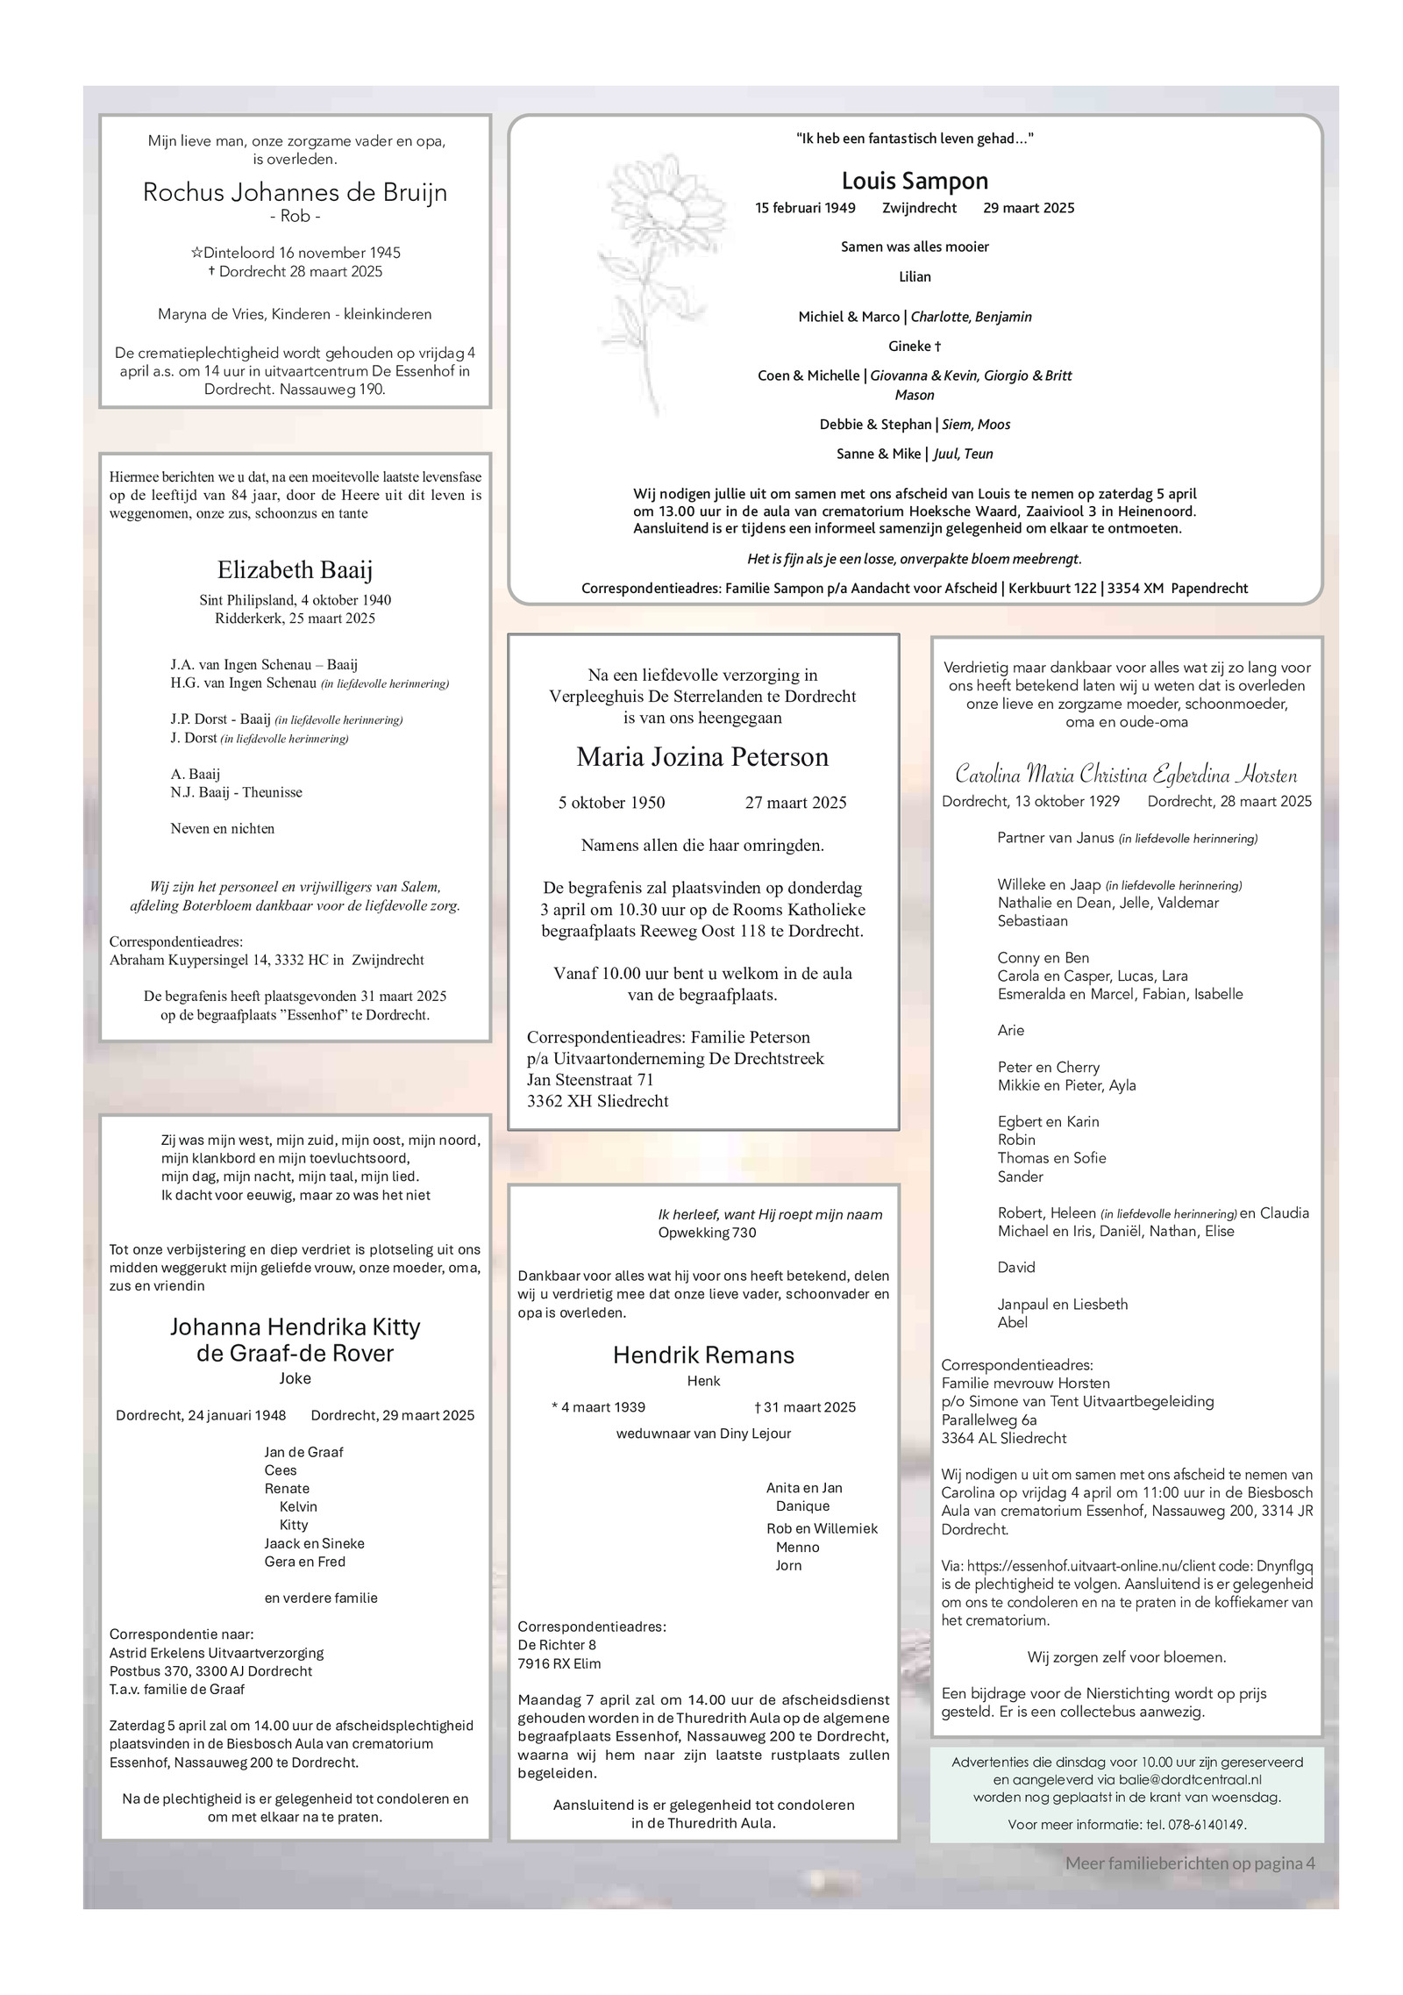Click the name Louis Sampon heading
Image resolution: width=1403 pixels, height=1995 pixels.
[x=914, y=181]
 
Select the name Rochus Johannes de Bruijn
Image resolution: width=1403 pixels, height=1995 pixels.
[x=295, y=192]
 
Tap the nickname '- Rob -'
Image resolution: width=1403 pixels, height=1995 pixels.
[x=295, y=217]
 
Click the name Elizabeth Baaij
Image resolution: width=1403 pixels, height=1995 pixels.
[x=295, y=570]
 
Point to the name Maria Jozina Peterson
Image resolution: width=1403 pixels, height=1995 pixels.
[x=701, y=757]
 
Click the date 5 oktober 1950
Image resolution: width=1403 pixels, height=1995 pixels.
[x=611, y=803]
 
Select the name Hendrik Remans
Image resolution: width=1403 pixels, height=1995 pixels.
[x=703, y=1355]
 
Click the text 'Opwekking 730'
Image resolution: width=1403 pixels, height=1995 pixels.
[x=707, y=1233]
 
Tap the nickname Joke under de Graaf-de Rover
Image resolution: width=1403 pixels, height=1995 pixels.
[x=295, y=1378]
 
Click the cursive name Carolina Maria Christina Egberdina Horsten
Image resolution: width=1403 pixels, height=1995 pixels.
[x=1126, y=776]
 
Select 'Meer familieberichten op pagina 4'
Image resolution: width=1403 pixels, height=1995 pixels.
[x=1190, y=1863]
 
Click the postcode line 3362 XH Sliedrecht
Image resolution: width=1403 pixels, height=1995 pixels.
[x=597, y=1101]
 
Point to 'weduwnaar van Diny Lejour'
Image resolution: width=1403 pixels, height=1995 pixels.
[x=703, y=1434]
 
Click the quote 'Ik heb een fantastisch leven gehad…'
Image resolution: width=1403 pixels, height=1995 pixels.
[x=914, y=139]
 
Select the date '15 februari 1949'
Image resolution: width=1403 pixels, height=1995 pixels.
[x=805, y=208]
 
